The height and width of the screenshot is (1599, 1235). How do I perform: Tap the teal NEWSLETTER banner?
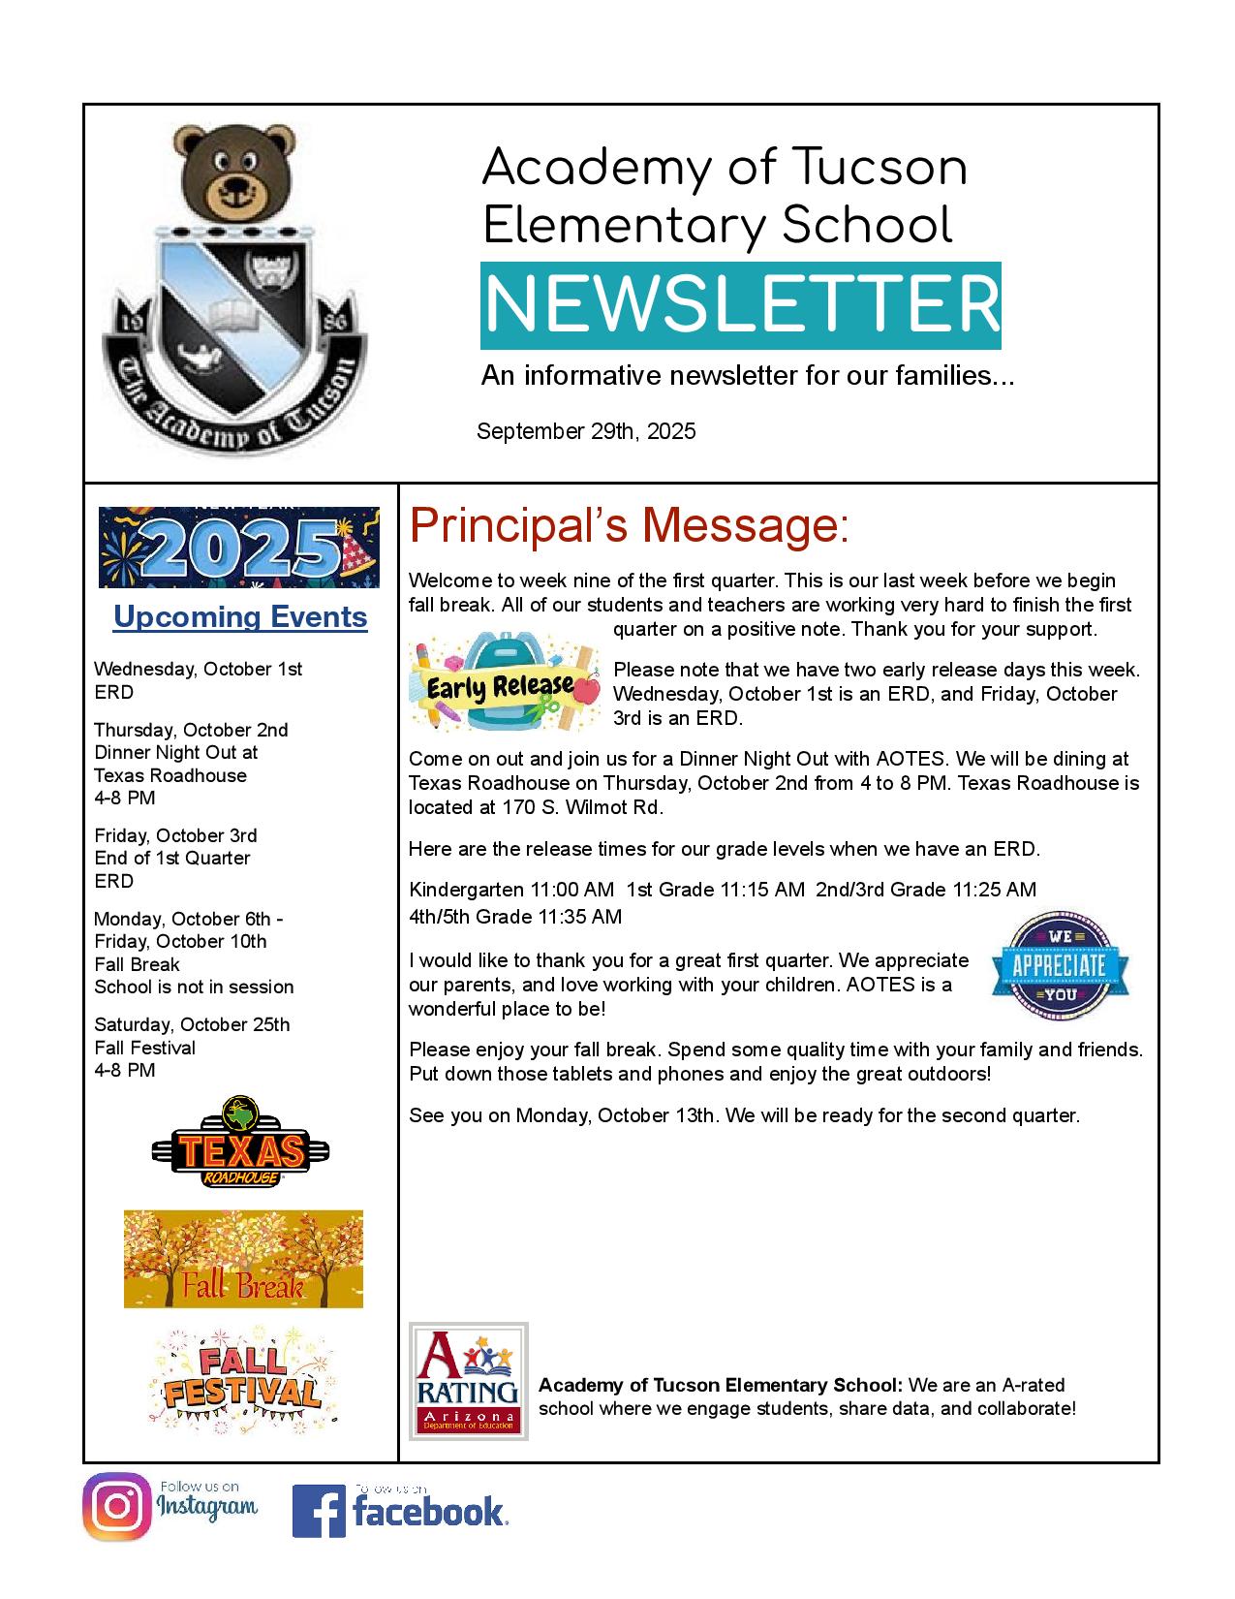[740, 304]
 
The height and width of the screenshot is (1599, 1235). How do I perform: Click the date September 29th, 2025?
[586, 432]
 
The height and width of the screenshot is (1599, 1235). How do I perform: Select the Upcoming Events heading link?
[240, 617]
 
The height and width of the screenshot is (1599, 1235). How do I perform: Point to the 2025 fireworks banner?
[239, 548]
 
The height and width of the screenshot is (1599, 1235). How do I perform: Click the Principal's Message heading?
[629, 526]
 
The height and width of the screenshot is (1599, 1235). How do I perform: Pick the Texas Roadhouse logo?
[240, 1144]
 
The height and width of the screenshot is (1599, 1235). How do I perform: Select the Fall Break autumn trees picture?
[243, 1259]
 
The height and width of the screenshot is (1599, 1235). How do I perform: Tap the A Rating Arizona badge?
[469, 1381]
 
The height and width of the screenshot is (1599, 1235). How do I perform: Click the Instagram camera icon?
[117, 1507]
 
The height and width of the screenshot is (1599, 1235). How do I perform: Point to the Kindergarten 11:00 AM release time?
[511, 890]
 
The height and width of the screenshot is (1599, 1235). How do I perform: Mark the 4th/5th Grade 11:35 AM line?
[515, 917]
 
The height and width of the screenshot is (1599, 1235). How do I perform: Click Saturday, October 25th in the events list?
[192, 1025]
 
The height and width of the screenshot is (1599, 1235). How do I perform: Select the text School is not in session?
[194, 988]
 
